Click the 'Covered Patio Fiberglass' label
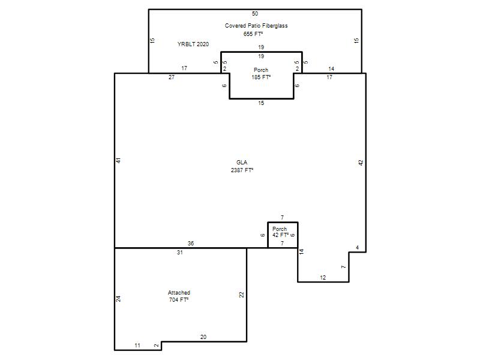[x=256, y=26]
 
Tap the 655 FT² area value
[x=253, y=34]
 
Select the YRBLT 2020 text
[x=193, y=44]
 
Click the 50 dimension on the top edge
[x=255, y=13]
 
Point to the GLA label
[x=242, y=162]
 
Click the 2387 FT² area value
[x=242, y=170]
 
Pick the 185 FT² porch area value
[x=261, y=77]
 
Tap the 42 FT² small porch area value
[x=280, y=235]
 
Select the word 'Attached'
[x=179, y=293]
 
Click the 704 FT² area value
[x=179, y=299]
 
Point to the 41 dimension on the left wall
[x=118, y=160]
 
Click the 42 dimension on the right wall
[x=361, y=163]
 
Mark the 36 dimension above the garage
[x=191, y=244]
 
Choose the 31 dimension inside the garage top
[x=180, y=253]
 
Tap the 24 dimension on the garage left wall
[x=118, y=299]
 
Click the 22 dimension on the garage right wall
[x=242, y=295]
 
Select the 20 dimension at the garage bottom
[x=203, y=337]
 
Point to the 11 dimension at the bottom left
[x=137, y=346]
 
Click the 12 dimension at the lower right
[x=323, y=278]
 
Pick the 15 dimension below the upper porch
[x=261, y=103]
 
